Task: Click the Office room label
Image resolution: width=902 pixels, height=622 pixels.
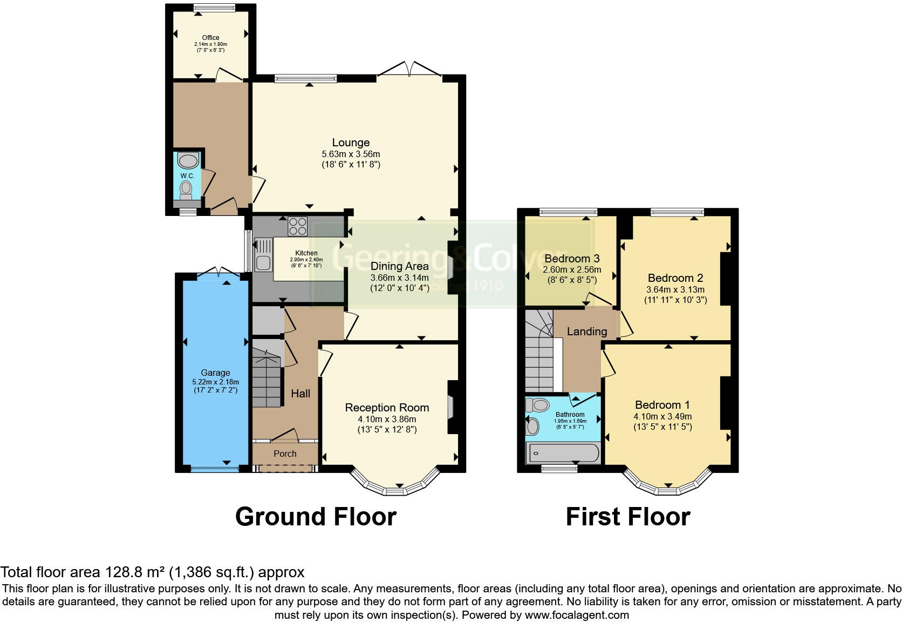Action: pos(210,38)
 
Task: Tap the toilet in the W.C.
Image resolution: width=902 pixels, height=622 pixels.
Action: pos(187,188)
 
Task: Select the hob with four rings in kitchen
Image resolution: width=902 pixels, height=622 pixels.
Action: pos(298,226)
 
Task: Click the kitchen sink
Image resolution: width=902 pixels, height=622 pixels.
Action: pos(263,263)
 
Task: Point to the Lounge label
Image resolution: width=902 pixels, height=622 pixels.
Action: pos(351,143)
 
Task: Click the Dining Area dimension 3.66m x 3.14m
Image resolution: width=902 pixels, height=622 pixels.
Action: pos(400,278)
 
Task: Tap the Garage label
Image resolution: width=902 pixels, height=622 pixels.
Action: pos(215,373)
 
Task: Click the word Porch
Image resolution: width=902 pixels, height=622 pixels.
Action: pos(285,454)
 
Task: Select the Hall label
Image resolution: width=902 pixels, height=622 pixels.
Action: pos(300,394)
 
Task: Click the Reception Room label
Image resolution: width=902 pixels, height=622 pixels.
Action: pos(387,408)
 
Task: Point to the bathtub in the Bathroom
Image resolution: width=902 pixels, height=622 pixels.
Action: pos(563,453)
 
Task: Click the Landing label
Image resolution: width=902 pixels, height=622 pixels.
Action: pos(587,332)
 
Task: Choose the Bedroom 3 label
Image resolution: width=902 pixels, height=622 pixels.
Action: pos(572,259)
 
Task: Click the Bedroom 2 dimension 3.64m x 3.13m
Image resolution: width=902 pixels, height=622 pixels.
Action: pos(675,289)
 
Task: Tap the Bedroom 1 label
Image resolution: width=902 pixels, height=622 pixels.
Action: pos(662,405)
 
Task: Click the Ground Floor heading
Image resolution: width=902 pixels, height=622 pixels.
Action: pos(316,517)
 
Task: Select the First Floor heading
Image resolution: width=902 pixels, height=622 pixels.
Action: pos(628,517)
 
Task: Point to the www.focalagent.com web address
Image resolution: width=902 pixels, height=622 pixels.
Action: pos(577,614)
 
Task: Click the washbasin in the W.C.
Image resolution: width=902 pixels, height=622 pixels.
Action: pos(187,161)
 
